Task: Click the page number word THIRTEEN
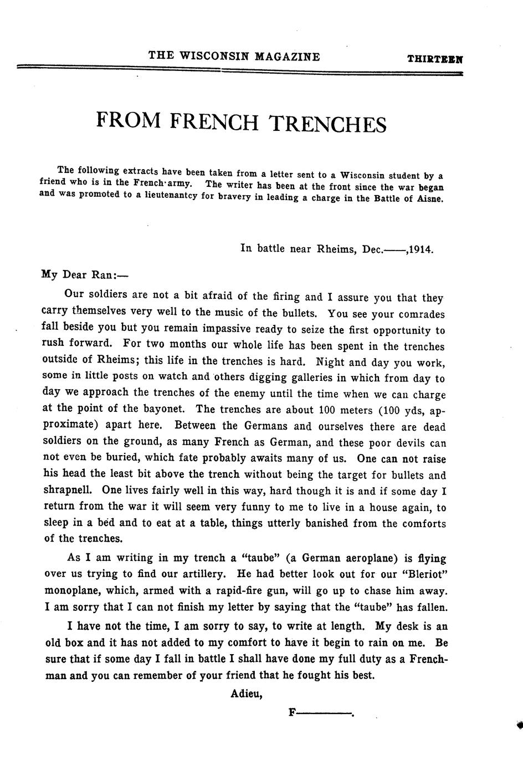click(435, 58)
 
